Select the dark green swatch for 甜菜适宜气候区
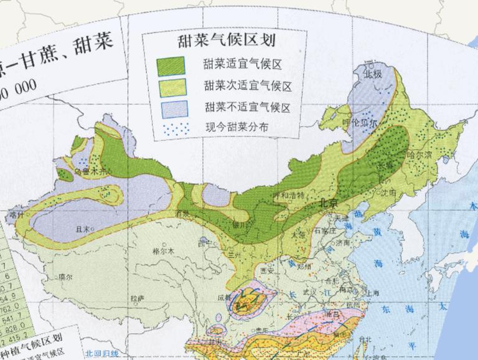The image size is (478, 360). tap(171, 64)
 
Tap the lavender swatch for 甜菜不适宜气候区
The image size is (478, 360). tap(171, 108)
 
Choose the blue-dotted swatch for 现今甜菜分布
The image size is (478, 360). tap(171, 128)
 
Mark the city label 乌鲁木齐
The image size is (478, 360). tap(87, 169)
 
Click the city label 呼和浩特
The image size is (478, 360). tap(289, 194)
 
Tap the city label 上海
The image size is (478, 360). tap(373, 292)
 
